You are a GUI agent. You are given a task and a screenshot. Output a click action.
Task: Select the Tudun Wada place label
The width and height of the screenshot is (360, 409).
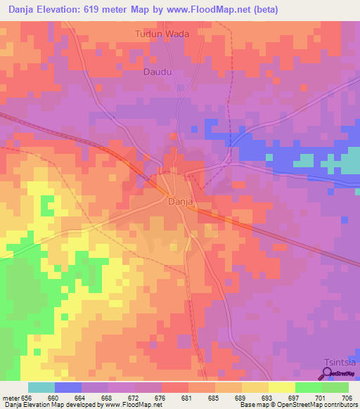[163, 34]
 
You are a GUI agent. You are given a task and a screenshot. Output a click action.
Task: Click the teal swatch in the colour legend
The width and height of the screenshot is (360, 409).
[41, 387]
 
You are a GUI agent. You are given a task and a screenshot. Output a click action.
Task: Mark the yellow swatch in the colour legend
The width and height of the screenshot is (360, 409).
[281, 387]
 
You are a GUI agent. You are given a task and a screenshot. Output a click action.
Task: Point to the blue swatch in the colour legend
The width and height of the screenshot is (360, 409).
[67, 387]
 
